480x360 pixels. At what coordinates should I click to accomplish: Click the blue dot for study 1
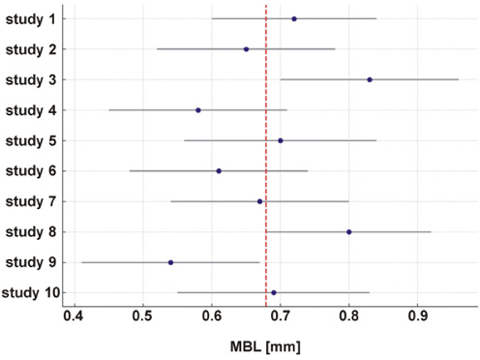pyautogui.click(x=294, y=19)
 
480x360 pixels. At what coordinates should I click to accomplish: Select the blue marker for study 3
pyautogui.click(x=370, y=79)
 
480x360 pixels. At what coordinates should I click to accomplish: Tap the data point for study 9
pyautogui.click(x=170, y=262)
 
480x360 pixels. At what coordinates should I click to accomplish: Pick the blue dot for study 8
pyautogui.click(x=348, y=232)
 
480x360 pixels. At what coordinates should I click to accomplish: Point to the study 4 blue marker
pyautogui.click(x=198, y=110)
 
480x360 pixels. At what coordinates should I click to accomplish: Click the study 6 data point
pyautogui.click(x=219, y=171)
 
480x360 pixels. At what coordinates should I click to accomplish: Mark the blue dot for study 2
pyautogui.click(x=246, y=49)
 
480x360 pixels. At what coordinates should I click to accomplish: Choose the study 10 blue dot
pyautogui.click(x=274, y=292)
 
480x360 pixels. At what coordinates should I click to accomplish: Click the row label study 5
pyautogui.click(x=31, y=141)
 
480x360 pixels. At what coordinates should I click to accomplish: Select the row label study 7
pyautogui.click(x=31, y=201)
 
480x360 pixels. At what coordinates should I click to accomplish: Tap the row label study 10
pyautogui.click(x=31, y=293)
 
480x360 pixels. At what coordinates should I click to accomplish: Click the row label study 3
pyautogui.click(x=31, y=80)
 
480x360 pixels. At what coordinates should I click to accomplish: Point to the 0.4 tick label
pyautogui.click(x=74, y=316)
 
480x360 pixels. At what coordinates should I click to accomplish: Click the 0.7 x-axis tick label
pyautogui.click(x=280, y=316)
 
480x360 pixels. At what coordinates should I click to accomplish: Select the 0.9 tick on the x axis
pyautogui.click(x=417, y=316)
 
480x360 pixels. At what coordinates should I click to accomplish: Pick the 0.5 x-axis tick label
pyautogui.click(x=142, y=316)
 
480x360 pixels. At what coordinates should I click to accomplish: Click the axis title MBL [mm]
pyautogui.click(x=265, y=346)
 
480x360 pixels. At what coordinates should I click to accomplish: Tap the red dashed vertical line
pyautogui.click(x=266, y=156)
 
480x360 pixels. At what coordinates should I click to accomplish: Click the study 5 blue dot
pyautogui.click(x=281, y=140)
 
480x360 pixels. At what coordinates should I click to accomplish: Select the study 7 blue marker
pyautogui.click(x=259, y=201)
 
